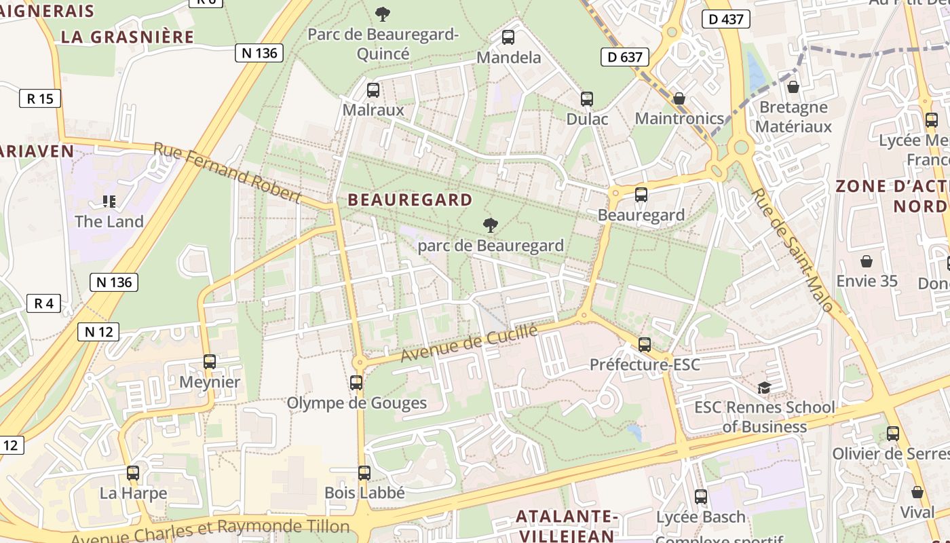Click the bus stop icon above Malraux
pyautogui.click(x=373, y=90)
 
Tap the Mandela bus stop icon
pyautogui.click(x=508, y=37)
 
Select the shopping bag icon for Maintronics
pyautogui.click(x=679, y=99)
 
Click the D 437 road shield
pyautogui.click(x=725, y=19)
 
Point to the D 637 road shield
pyautogui.click(x=625, y=57)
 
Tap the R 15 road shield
pyautogui.click(x=39, y=98)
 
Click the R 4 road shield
pyautogui.click(x=43, y=303)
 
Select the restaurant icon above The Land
pyautogui.click(x=109, y=202)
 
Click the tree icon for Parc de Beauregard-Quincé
pyautogui.click(x=383, y=14)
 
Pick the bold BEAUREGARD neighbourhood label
pyautogui.click(x=410, y=200)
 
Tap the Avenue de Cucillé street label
pyautogui.click(x=469, y=343)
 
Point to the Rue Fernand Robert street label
pyautogui.click(x=227, y=172)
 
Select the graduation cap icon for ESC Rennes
pyautogui.click(x=764, y=388)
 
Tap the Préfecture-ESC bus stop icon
pyautogui.click(x=644, y=345)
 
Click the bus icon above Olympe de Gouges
pyautogui.click(x=356, y=383)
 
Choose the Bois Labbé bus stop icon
pyautogui.click(x=364, y=473)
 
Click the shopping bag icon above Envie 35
pyautogui.click(x=867, y=261)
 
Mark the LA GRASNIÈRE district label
pyautogui.click(x=128, y=37)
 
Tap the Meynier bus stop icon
pyautogui.click(x=210, y=362)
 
